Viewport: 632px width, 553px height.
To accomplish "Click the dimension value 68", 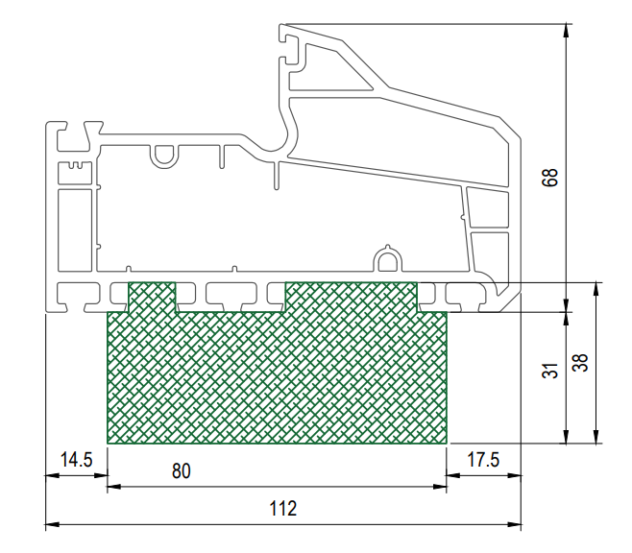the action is click(550, 178).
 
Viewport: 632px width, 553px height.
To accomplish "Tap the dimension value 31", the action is click(550, 371).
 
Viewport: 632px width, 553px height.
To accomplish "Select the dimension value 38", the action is click(580, 363).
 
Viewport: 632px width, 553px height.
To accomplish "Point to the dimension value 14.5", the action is click(76, 460).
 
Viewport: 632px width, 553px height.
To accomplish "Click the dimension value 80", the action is click(181, 470).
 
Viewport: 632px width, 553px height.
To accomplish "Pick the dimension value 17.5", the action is click(483, 460).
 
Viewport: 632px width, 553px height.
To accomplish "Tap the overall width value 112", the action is click(283, 508).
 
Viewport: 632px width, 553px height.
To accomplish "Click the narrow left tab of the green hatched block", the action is click(152, 297).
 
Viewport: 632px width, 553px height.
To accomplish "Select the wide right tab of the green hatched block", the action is click(352, 297).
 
